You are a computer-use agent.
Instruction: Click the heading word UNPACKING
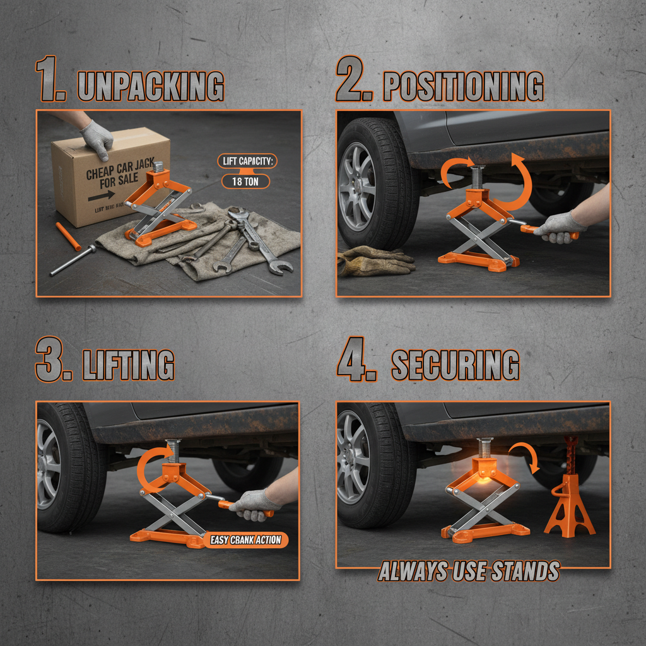tap(150, 86)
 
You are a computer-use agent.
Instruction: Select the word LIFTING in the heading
tap(129, 365)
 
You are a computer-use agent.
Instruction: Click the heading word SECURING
tap(455, 364)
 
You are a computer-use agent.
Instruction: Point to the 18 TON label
tap(246, 182)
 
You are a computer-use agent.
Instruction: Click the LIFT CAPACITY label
tap(246, 161)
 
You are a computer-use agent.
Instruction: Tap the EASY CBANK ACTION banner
tap(246, 540)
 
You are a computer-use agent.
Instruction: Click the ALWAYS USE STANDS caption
tap(468, 572)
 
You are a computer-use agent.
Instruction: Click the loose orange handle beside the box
tap(66, 235)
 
